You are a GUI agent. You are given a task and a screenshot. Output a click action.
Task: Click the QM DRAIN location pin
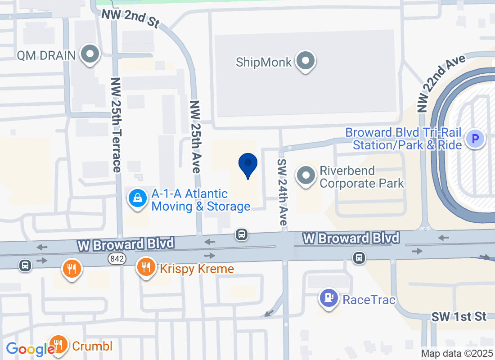(x=90, y=54)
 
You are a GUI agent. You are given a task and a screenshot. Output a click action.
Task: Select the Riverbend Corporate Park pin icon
(x=306, y=175)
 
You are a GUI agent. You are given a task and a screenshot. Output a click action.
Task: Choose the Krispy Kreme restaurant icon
(x=145, y=267)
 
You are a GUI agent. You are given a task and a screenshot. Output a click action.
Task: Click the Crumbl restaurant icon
(x=58, y=345)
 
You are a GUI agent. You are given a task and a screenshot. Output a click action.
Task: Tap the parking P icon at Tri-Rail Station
(x=475, y=138)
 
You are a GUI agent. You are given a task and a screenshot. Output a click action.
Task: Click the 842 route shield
(x=117, y=259)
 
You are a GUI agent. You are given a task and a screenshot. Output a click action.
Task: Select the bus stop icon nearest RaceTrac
(x=359, y=258)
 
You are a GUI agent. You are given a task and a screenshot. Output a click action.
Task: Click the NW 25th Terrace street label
(x=117, y=125)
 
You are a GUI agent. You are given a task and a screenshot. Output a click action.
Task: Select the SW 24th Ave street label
(x=283, y=192)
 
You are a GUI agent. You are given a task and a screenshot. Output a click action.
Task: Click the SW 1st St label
(x=459, y=316)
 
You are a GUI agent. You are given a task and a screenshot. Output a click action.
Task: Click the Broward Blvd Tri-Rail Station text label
(x=403, y=139)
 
